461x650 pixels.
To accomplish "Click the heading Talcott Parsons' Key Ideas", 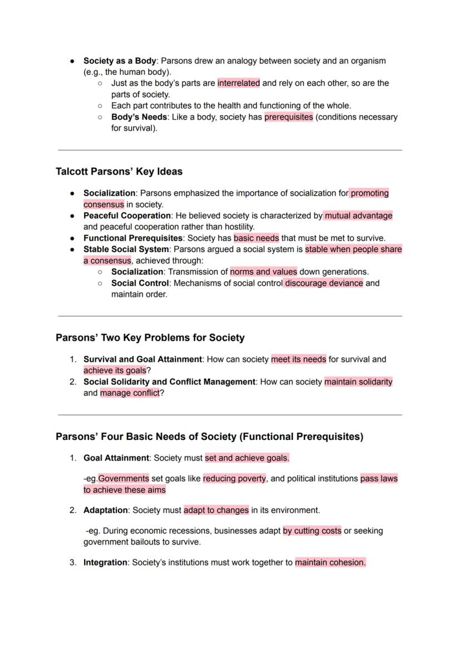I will pyautogui.click(x=119, y=171).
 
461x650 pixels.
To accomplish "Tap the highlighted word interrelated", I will pyautogui.click(x=238, y=83).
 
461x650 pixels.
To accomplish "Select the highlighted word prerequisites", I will pyautogui.click(x=288, y=117).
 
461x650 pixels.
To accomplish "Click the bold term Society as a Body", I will pyautogui.click(x=120, y=61).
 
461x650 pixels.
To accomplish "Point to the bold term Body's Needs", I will pyautogui.click(x=139, y=117).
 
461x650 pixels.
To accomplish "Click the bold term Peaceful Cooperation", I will pyautogui.click(x=127, y=215).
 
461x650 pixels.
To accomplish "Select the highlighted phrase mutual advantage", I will pyautogui.click(x=359, y=215).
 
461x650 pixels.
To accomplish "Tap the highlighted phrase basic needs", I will pyautogui.click(x=256, y=238).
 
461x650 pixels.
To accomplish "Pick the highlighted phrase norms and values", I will pyautogui.click(x=263, y=272).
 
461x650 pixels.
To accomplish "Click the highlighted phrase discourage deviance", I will pyautogui.click(x=323, y=283).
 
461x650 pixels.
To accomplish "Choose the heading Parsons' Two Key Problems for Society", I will pyautogui.click(x=150, y=338).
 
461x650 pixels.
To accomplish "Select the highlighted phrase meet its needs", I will pyautogui.click(x=299, y=359).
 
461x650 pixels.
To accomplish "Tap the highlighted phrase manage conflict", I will pyautogui.click(x=130, y=393).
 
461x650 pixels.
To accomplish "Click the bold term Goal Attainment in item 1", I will pyautogui.click(x=116, y=458).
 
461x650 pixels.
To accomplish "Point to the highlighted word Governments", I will pyautogui.click(x=124, y=478).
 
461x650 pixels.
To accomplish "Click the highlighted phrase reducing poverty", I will pyautogui.click(x=234, y=478).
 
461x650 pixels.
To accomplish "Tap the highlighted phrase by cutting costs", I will pyautogui.click(x=312, y=530).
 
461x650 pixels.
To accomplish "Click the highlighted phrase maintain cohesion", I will pyautogui.click(x=330, y=562).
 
